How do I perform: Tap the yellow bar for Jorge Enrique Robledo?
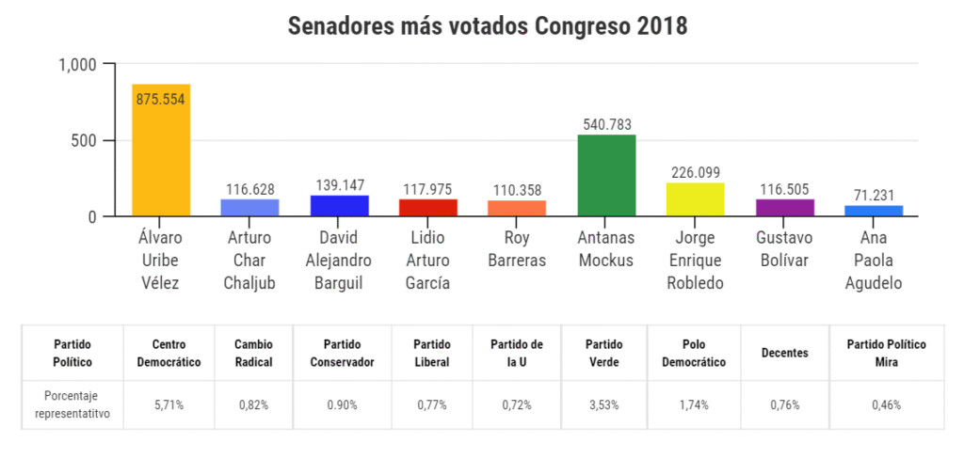tap(695, 199)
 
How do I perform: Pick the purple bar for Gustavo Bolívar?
tap(784, 208)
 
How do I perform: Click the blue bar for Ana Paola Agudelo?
tap(874, 211)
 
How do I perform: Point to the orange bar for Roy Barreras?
tap(517, 209)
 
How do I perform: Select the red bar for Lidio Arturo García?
tap(428, 208)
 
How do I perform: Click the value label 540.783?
tap(607, 123)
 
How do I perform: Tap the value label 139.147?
tap(340, 185)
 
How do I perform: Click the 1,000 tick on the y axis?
tap(78, 65)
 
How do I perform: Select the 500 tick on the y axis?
tap(85, 141)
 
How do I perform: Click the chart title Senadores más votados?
tap(488, 26)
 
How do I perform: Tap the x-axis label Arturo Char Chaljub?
tap(250, 260)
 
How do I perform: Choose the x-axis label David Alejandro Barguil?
tap(340, 260)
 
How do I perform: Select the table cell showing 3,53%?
tap(603, 405)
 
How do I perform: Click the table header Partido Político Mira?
tap(886, 353)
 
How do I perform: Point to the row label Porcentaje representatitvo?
tap(72, 405)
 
